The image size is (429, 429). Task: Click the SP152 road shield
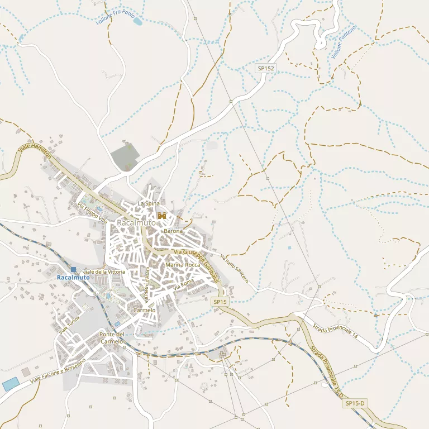click(x=266, y=68)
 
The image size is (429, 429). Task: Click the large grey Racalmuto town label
click(x=136, y=223)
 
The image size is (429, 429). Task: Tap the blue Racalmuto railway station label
click(x=73, y=278)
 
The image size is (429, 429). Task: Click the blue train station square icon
click(x=73, y=269)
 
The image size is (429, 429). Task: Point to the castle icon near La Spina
click(x=163, y=216)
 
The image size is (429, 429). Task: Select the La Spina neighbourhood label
click(x=149, y=203)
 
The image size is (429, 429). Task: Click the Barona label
click(x=173, y=231)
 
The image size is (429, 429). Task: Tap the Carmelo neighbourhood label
click(x=145, y=310)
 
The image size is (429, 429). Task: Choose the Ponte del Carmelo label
click(x=111, y=337)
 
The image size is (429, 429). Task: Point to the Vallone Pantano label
click(x=343, y=42)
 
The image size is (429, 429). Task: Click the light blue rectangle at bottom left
click(x=10, y=384)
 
